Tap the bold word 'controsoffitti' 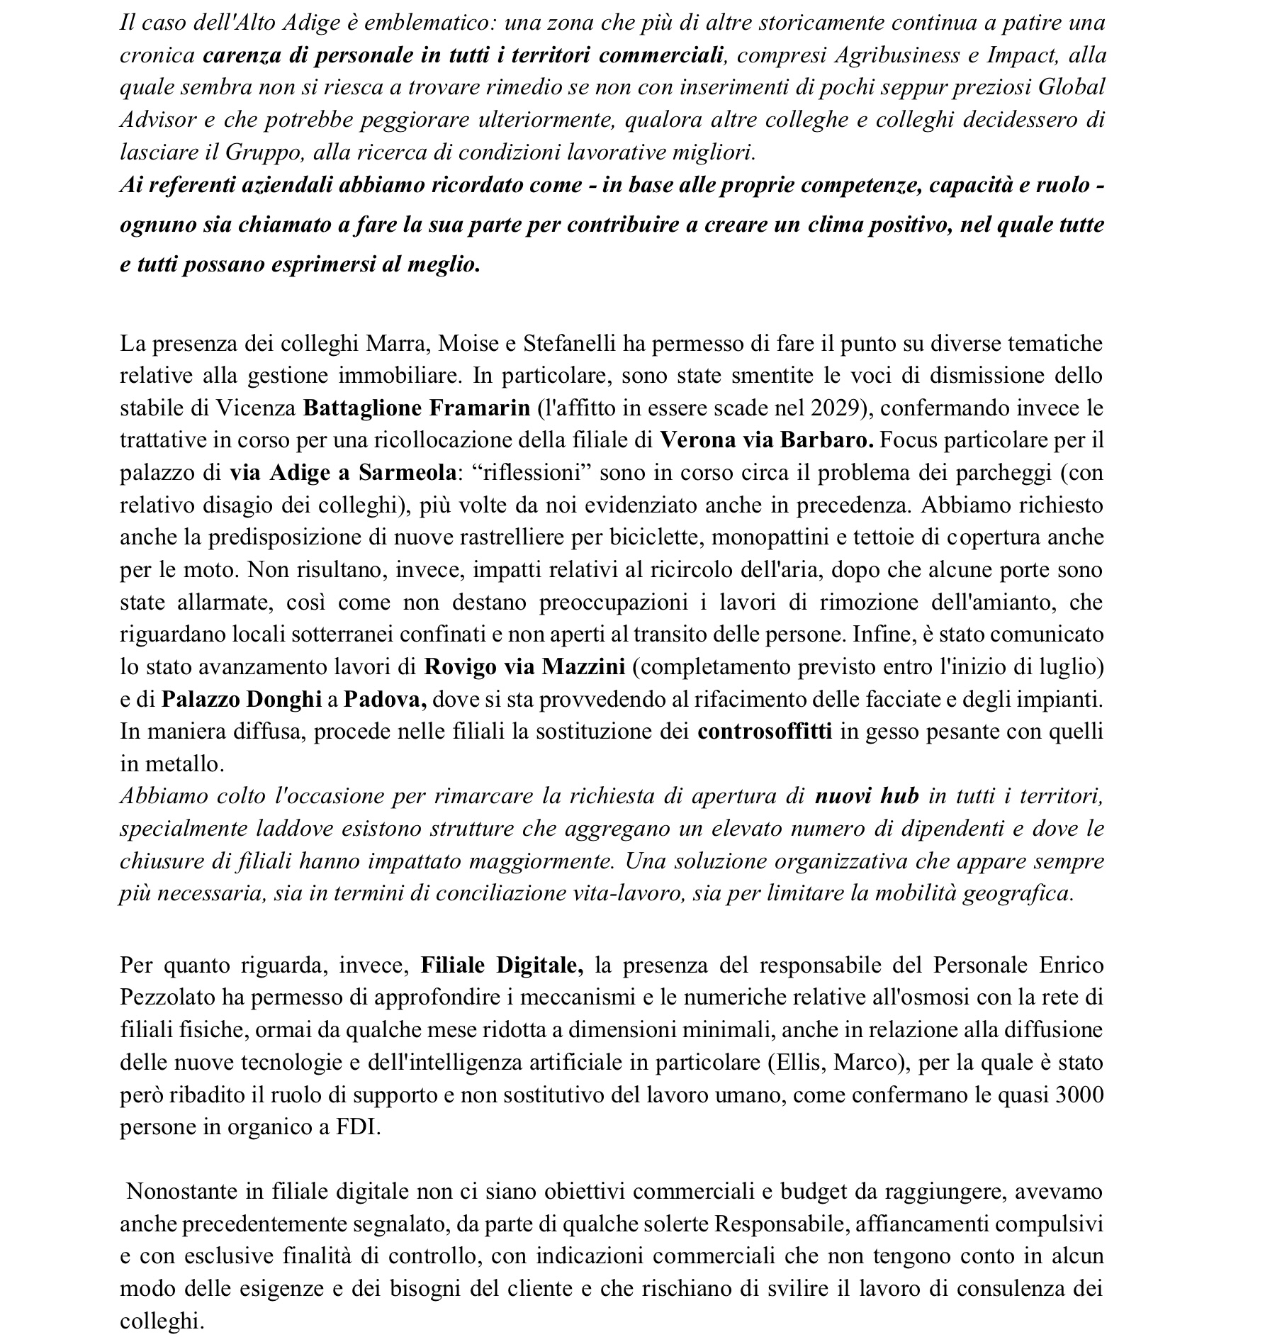[765, 732]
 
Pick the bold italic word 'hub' [899, 796]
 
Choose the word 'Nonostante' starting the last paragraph [183, 1192]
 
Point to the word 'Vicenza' [256, 408]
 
